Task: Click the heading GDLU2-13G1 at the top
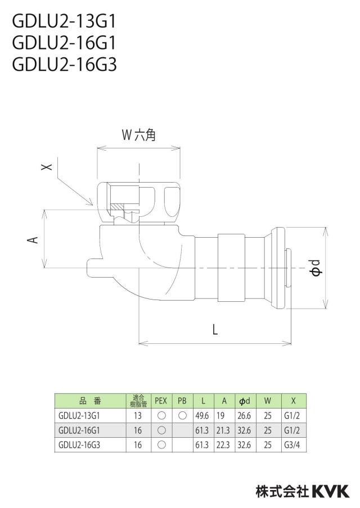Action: point(64,22)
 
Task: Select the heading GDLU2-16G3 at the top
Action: point(64,65)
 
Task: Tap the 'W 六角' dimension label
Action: point(139,134)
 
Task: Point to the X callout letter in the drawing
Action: point(47,167)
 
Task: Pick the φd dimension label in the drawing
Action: point(315,268)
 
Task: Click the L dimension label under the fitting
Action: point(215,330)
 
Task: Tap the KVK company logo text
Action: point(330,491)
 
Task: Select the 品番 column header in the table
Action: point(90,401)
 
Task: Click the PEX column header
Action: point(161,401)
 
